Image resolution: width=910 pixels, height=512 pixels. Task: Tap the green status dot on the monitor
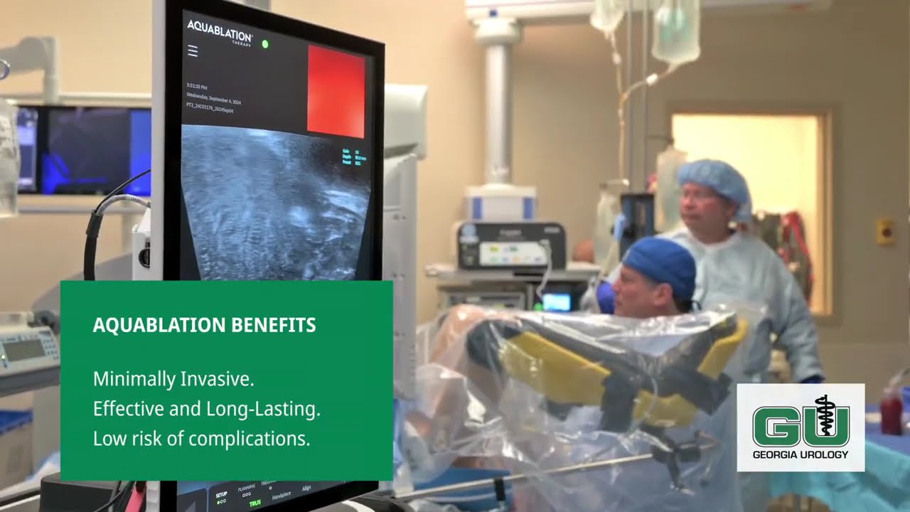click(x=265, y=44)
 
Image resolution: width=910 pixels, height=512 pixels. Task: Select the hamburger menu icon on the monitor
click(x=193, y=51)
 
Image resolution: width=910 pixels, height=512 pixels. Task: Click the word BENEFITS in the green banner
click(x=274, y=326)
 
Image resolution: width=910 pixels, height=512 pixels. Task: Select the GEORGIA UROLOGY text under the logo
click(x=801, y=454)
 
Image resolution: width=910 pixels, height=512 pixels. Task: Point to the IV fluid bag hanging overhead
click(x=675, y=32)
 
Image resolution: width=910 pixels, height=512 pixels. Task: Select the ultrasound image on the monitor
click(x=276, y=203)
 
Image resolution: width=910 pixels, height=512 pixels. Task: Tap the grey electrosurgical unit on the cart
click(x=510, y=245)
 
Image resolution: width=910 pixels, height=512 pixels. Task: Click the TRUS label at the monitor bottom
click(x=255, y=503)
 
